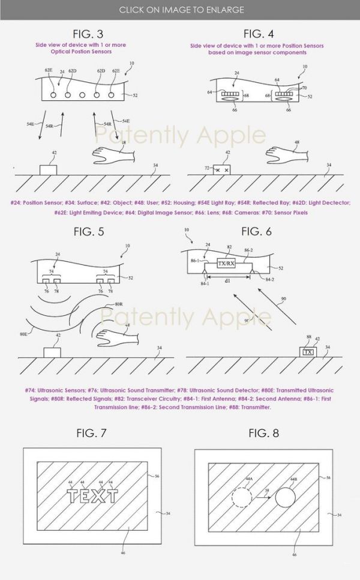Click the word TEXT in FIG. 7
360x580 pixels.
(x=94, y=495)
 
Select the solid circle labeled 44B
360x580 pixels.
(x=284, y=498)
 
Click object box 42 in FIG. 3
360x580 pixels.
(x=47, y=169)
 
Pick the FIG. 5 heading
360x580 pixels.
(x=90, y=231)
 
